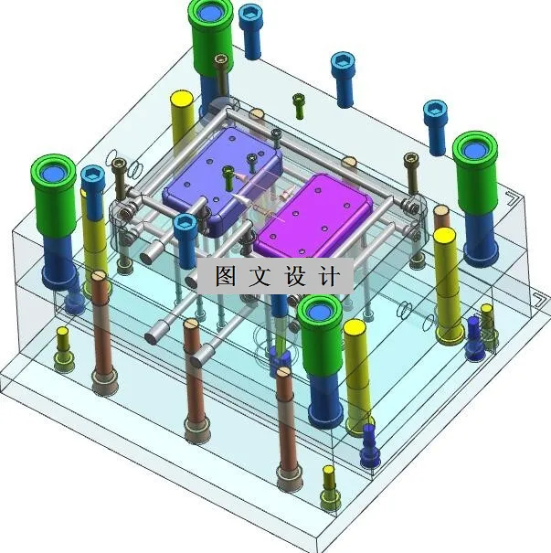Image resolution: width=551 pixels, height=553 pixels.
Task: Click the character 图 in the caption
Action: click(x=225, y=276)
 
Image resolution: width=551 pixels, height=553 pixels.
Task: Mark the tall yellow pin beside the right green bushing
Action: click(x=446, y=283)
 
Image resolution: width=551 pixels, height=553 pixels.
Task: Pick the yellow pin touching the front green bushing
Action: click(x=355, y=366)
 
